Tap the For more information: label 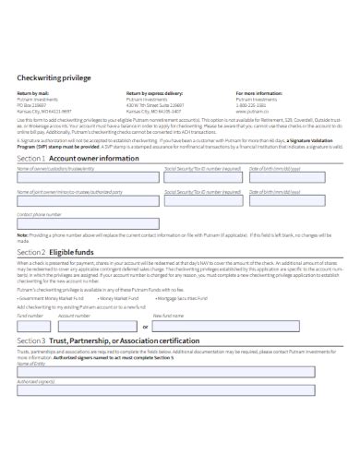point(258,93)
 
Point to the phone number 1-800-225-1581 point(252,104)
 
